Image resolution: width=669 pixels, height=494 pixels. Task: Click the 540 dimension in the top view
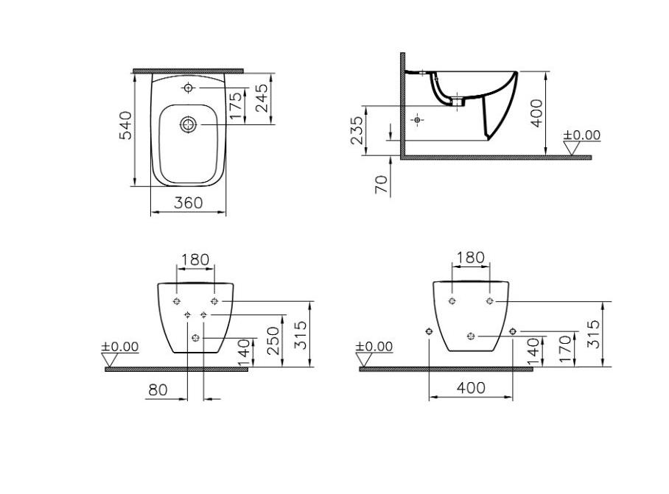pos(125,126)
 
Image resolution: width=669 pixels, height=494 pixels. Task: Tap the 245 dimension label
pos(262,98)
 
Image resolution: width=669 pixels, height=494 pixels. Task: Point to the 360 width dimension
pos(188,203)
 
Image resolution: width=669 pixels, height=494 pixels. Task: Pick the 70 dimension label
pos(382,185)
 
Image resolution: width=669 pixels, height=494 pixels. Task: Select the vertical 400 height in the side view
pos(536,113)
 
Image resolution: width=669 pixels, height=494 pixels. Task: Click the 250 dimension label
pos(273,341)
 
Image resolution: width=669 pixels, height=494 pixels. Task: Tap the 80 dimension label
pos(158,389)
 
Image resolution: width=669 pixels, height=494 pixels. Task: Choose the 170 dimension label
pos(564,349)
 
